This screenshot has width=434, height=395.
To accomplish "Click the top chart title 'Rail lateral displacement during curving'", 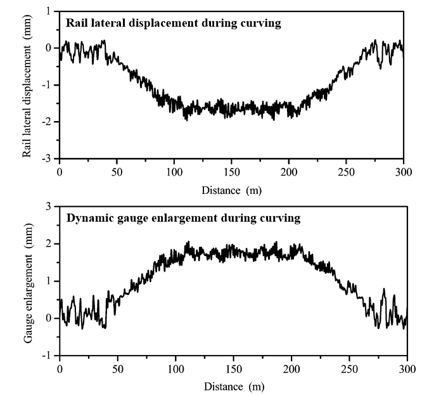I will pyautogui.click(x=174, y=24).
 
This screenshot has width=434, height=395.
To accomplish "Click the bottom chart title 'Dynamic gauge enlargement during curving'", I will pyautogui.click(x=183, y=219).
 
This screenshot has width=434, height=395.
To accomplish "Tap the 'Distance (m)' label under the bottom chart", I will pyautogui.click(x=233, y=385).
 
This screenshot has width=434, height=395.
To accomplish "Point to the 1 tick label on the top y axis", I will pyautogui.click(x=49, y=11).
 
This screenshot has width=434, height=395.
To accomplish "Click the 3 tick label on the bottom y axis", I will pyautogui.click(x=49, y=207).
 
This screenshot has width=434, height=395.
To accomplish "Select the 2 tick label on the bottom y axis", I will pyautogui.click(x=49, y=244).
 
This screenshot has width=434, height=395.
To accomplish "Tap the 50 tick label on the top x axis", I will pyautogui.click(x=117, y=171).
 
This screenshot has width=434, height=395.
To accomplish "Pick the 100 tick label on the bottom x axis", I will pyautogui.click(x=176, y=368).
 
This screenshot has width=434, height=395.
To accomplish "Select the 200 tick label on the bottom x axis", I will pyautogui.click(x=291, y=368).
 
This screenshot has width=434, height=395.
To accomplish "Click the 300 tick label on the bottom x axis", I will pyautogui.click(x=407, y=368).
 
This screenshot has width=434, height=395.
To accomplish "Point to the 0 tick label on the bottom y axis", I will pyautogui.click(x=49, y=318).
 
